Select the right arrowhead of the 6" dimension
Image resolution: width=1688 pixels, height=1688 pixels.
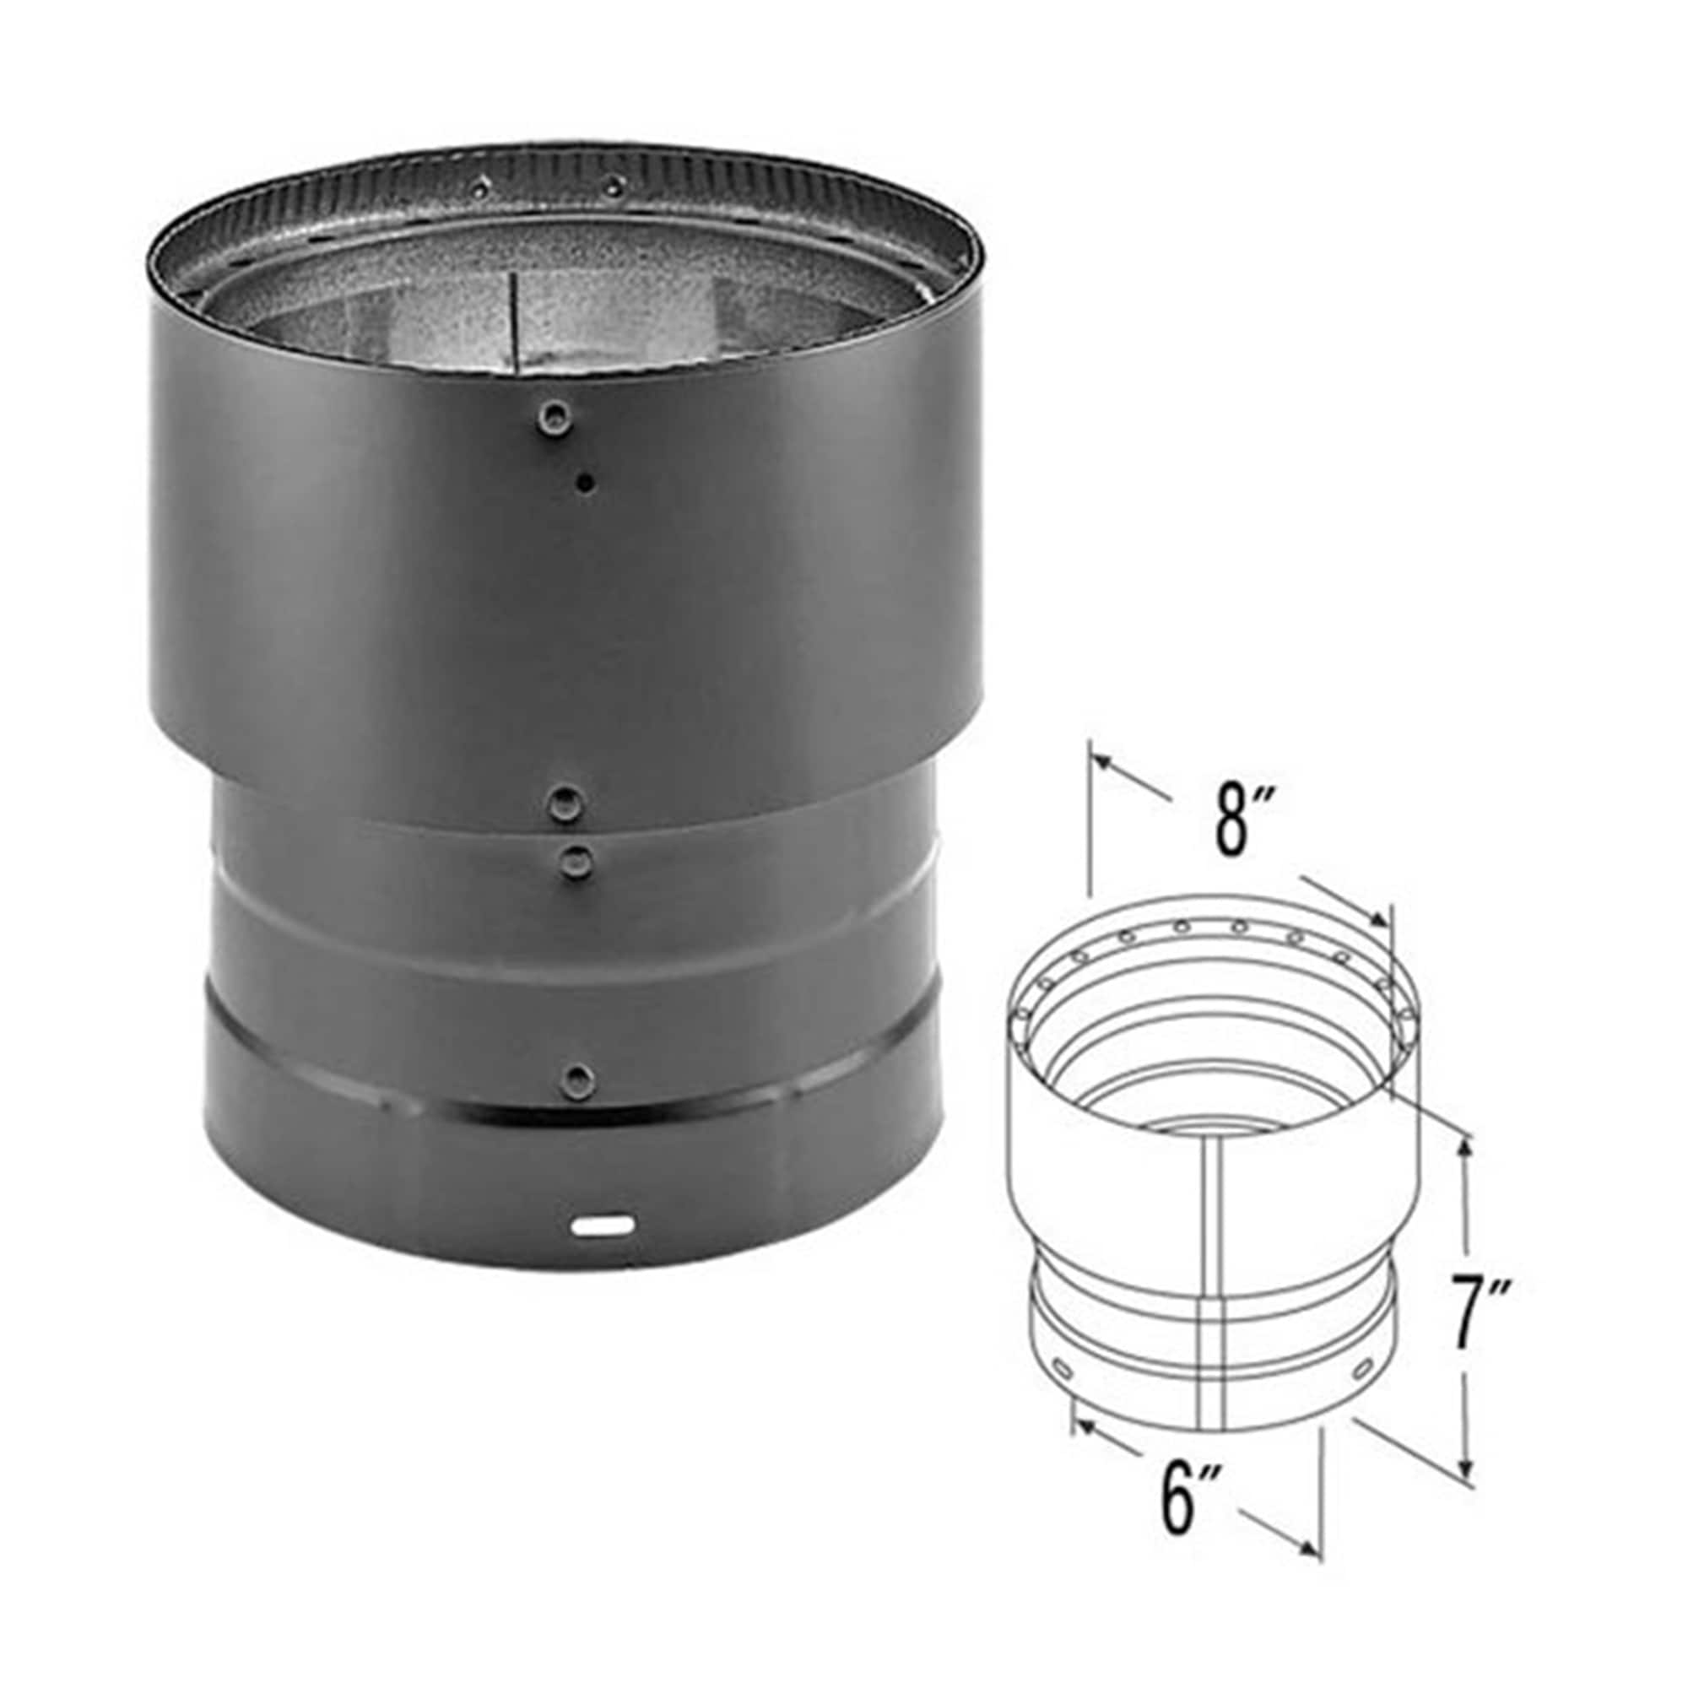tap(1308, 1547)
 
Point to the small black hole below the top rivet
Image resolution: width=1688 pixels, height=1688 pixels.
tap(586, 480)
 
